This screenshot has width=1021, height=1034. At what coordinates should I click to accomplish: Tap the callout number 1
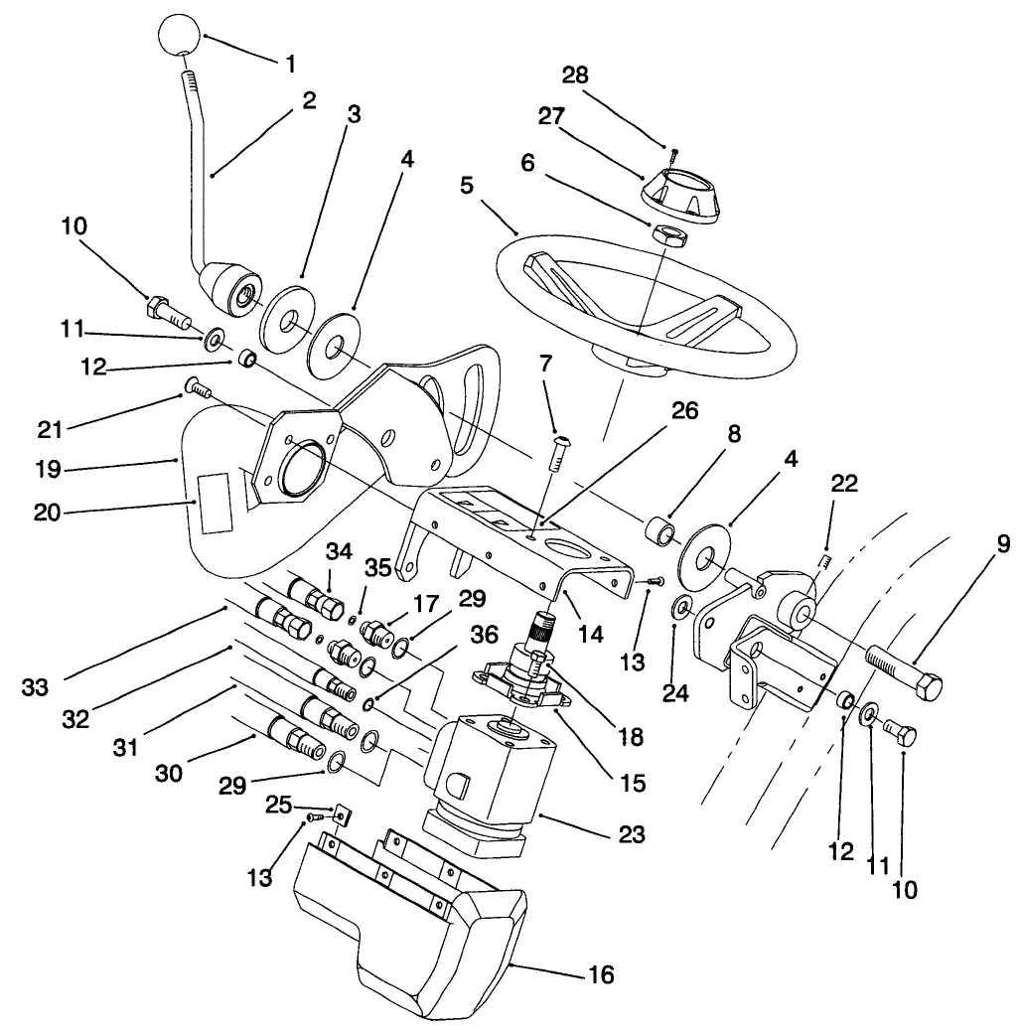291,64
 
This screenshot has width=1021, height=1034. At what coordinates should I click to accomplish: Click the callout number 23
631,834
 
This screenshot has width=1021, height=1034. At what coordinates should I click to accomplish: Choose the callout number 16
600,974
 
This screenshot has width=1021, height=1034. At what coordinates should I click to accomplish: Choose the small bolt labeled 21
195,388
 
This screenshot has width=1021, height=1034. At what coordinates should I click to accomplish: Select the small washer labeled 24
681,606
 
